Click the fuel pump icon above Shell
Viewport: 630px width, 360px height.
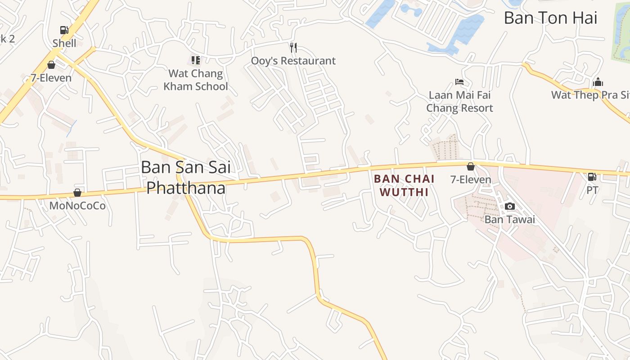click(64, 30)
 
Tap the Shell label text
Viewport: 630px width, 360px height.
click(64, 43)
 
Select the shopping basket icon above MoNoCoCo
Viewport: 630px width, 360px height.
click(77, 193)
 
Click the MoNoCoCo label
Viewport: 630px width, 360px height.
click(77, 206)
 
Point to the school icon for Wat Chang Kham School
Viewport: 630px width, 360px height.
click(195, 60)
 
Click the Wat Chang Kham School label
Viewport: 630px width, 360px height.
click(196, 80)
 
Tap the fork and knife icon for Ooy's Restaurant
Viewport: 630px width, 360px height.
click(293, 47)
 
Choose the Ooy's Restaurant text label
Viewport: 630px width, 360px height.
click(293, 61)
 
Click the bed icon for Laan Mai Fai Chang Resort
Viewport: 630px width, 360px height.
click(459, 82)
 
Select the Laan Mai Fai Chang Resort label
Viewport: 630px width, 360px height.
click(459, 102)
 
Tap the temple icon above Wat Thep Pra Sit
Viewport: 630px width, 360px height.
click(598, 82)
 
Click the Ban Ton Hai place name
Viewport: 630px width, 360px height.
click(550, 18)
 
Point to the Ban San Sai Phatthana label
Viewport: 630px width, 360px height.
click(186, 177)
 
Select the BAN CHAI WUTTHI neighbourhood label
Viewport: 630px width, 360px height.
click(404, 185)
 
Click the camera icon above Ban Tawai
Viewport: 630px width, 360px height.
click(510, 206)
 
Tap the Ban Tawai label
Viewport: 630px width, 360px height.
click(510, 220)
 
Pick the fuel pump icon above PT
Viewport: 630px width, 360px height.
click(592, 177)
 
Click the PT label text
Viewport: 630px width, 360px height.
click(592, 190)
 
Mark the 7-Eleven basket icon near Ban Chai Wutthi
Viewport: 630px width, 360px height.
click(471, 166)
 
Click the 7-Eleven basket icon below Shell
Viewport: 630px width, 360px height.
click(51, 65)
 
